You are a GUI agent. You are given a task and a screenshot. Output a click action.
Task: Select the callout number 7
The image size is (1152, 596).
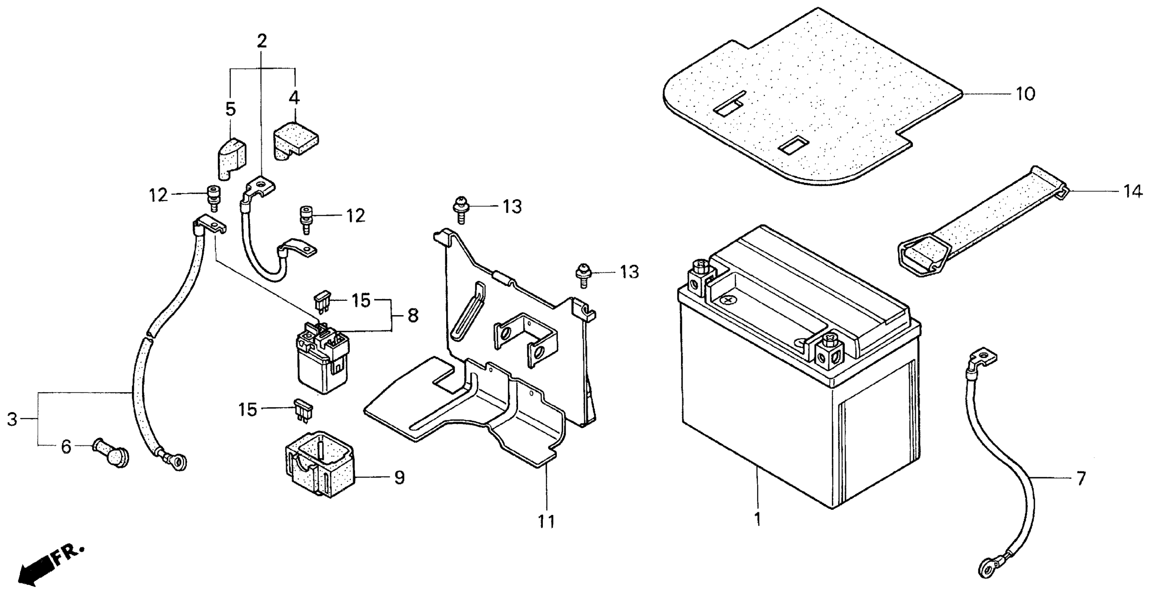point(1081,479)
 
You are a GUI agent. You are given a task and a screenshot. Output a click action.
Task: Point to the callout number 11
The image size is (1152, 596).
point(546,521)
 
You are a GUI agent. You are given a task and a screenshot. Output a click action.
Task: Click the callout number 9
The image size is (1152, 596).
point(399,478)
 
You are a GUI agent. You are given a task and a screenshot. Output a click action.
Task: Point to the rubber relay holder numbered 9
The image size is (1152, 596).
point(319,468)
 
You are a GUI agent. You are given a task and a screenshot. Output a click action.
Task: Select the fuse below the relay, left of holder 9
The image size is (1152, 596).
point(303,411)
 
